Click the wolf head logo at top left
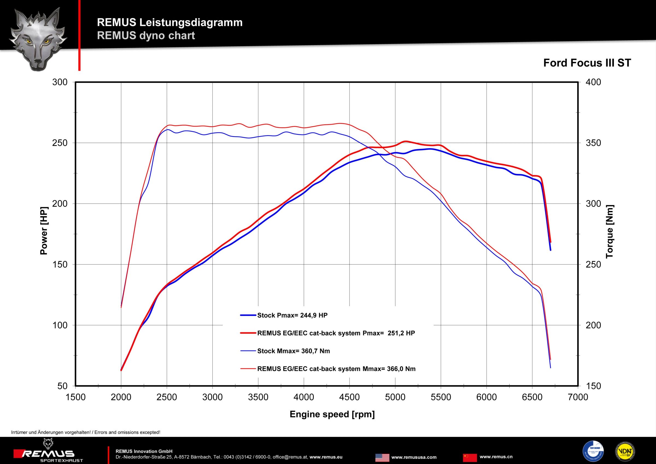click(38, 39)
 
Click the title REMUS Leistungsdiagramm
click(170, 22)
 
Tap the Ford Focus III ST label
click(587, 63)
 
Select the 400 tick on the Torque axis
click(593, 82)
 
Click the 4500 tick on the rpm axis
click(349, 397)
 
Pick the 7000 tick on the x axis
click(578, 397)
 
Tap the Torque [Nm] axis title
click(610, 231)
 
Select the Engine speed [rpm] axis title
click(332, 414)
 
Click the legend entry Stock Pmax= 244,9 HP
click(292, 315)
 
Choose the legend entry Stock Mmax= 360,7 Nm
click(294, 351)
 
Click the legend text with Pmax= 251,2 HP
click(336, 333)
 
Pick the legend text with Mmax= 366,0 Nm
click(336, 369)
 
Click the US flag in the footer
click(382, 458)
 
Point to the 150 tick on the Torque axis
click(593, 386)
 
